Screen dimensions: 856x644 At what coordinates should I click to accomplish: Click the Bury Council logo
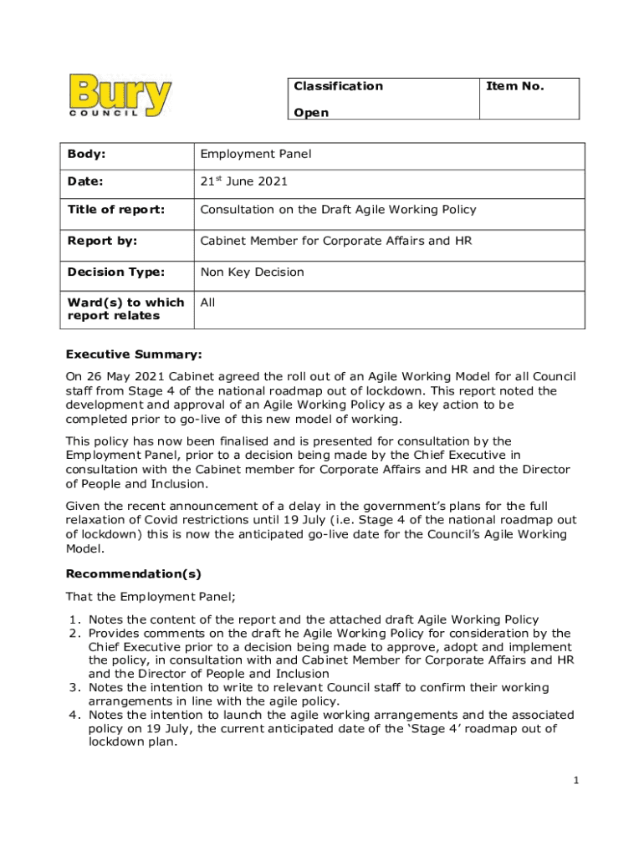click(x=121, y=96)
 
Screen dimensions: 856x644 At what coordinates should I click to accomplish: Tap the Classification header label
click(x=338, y=86)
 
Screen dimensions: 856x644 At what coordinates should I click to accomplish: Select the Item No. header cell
click(x=514, y=86)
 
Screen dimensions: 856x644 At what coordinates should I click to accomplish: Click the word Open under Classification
click(x=311, y=113)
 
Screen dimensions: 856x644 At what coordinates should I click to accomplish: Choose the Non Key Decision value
click(x=252, y=272)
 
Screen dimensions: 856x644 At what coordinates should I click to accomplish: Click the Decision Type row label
click(x=117, y=272)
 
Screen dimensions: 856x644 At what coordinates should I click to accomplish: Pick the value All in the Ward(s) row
click(x=207, y=303)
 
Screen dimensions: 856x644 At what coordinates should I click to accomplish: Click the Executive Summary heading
click(x=134, y=354)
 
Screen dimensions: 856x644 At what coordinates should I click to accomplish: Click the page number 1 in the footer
click(x=576, y=780)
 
